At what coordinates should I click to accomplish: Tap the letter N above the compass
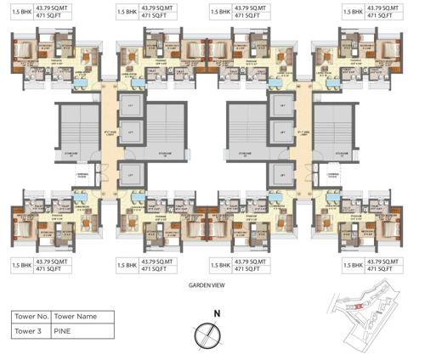[x=217, y=313]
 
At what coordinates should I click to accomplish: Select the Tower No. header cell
[x=32, y=316]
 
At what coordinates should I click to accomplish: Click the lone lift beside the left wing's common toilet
[x=129, y=176]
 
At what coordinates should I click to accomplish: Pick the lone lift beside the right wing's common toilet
[x=280, y=176]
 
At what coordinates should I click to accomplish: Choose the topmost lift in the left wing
[x=129, y=105]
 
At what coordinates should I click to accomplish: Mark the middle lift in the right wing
[x=280, y=133]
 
